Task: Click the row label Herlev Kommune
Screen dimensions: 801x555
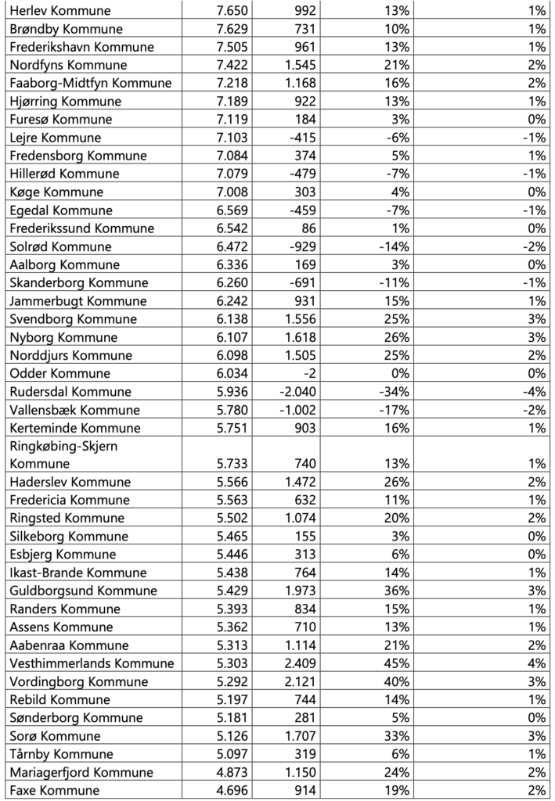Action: pos(60,11)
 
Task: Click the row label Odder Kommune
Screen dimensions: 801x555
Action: pos(59,373)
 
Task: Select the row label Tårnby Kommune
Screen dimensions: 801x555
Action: pos(61,754)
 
